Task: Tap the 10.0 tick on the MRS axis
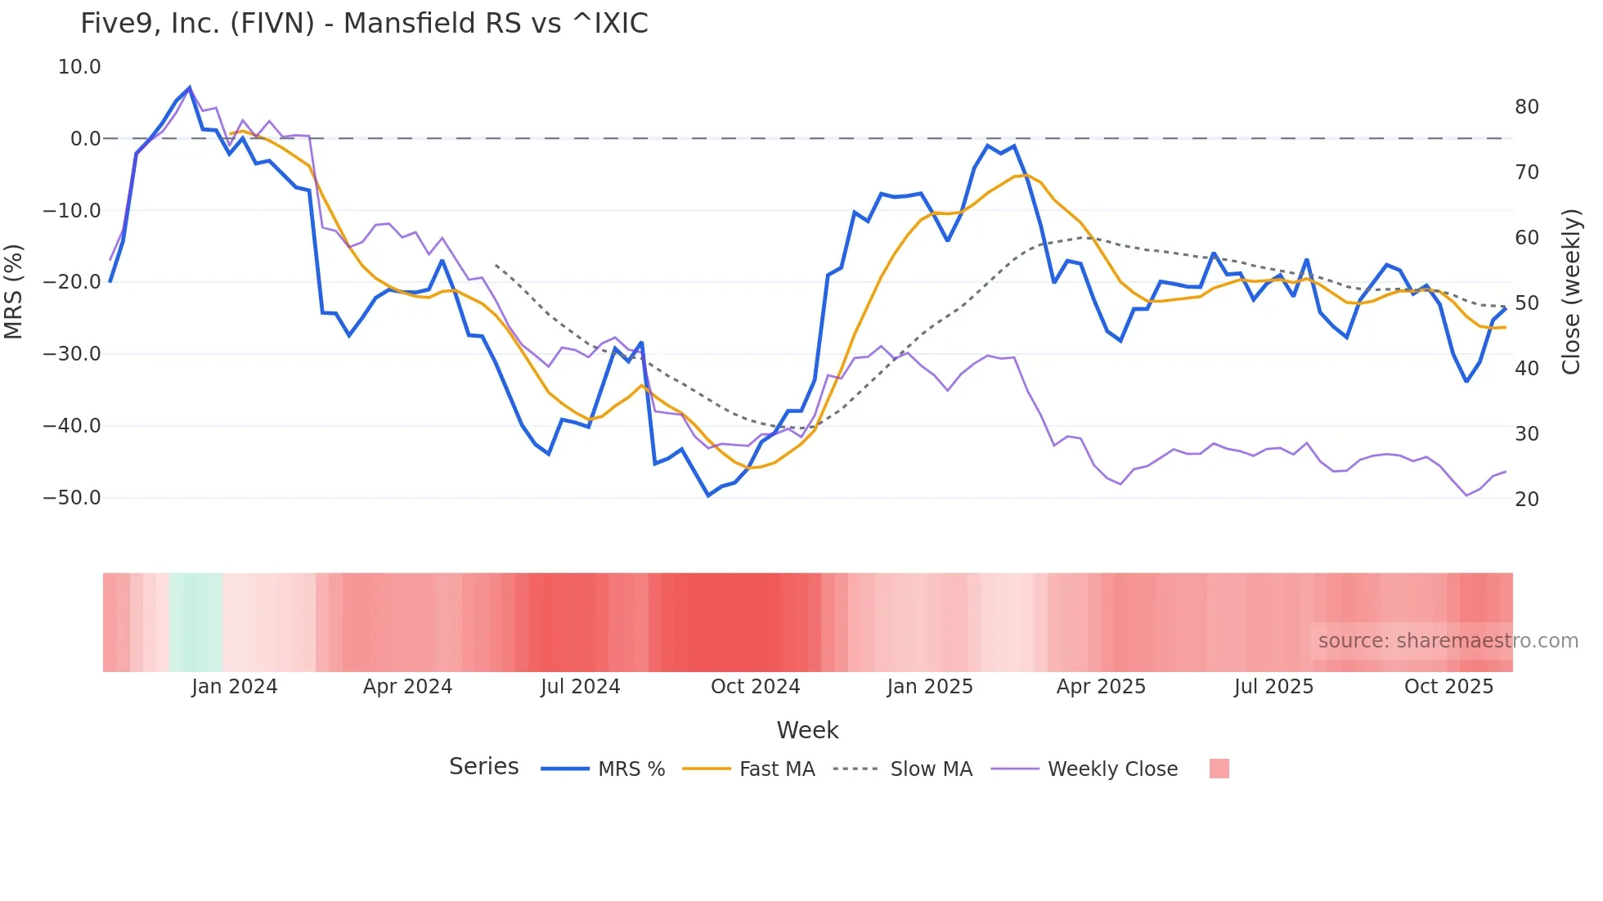(x=79, y=67)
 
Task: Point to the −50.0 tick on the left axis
(x=72, y=498)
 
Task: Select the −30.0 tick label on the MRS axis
(x=72, y=354)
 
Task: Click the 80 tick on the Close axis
(x=1526, y=107)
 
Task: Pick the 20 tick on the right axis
(x=1526, y=500)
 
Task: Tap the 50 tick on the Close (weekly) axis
(x=1526, y=303)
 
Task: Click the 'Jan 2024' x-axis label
(x=235, y=687)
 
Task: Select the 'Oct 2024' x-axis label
(x=755, y=687)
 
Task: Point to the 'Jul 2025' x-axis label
(x=1273, y=687)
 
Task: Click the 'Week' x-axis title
(x=807, y=730)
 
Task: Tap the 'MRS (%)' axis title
(x=14, y=291)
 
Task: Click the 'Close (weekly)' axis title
(x=1571, y=292)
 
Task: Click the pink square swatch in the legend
(x=1219, y=769)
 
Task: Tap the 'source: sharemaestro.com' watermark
(x=1448, y=641)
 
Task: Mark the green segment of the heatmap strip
(x=196, y=622)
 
